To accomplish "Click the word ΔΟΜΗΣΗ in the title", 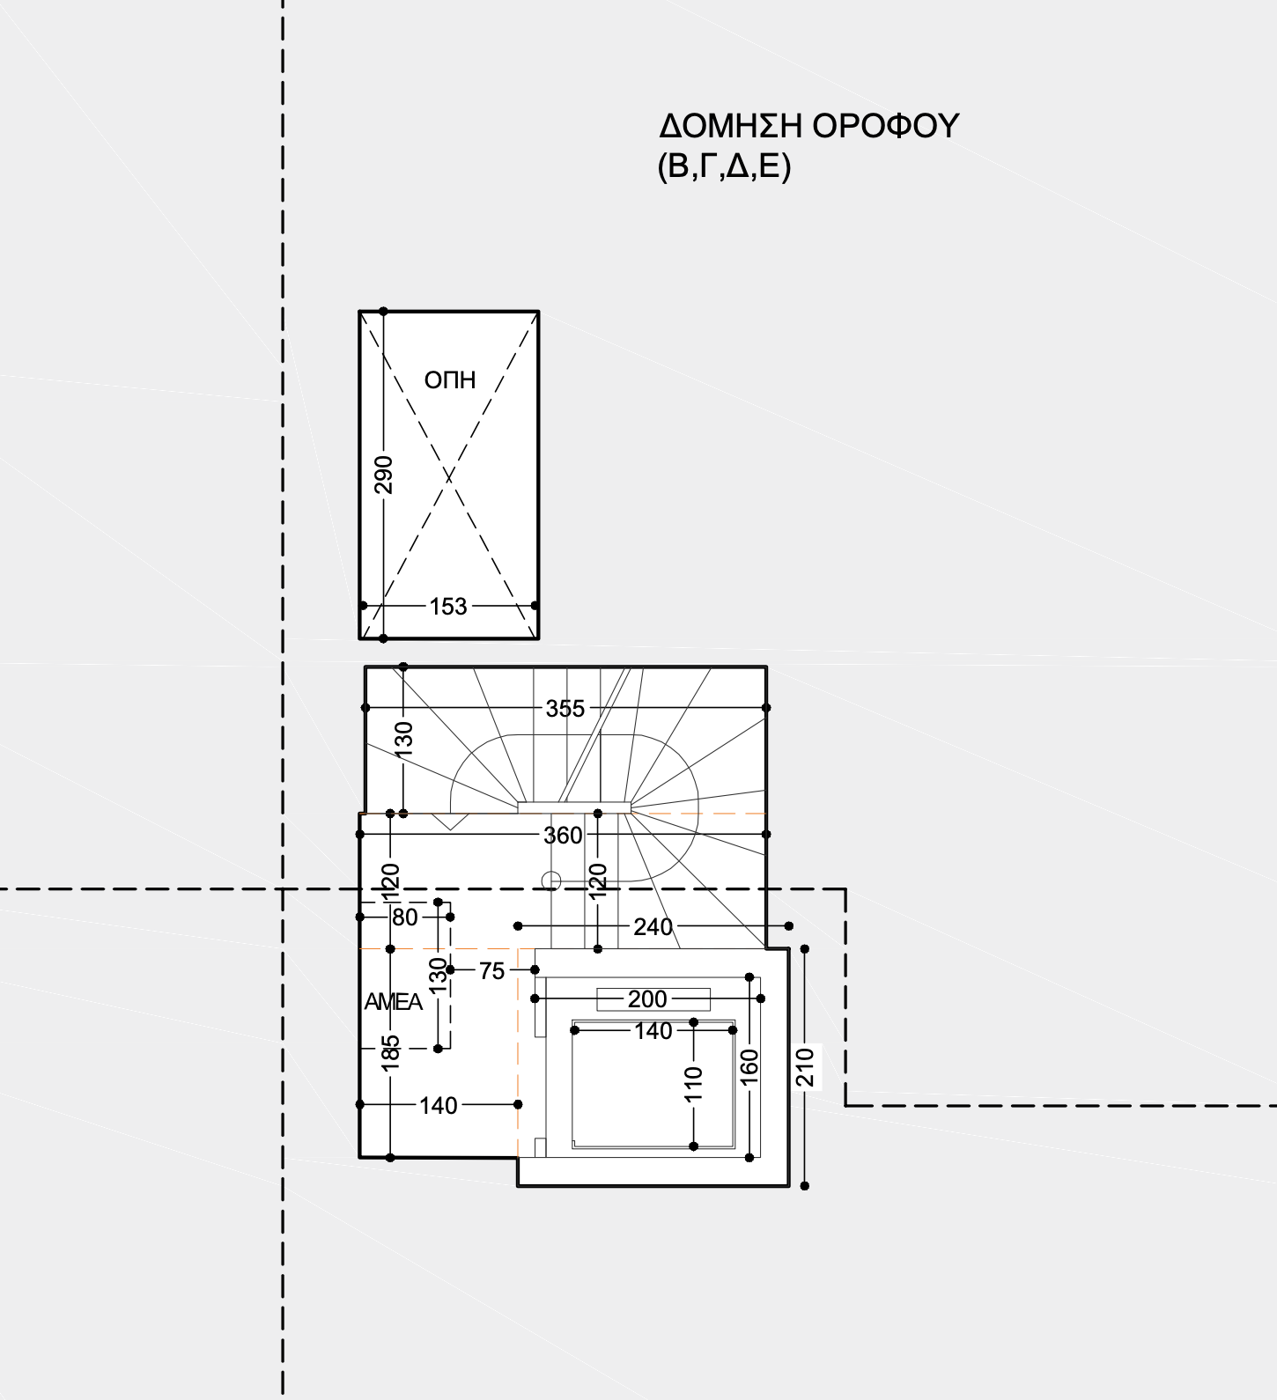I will [x=729, y=126].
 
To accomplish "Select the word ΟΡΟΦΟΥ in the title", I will [x=884, y=126].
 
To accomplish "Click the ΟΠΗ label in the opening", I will [x=450, y=379].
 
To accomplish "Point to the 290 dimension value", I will [x=383, y=475].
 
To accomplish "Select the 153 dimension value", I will [x=448, y=607].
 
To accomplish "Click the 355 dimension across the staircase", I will [x=565, y=709].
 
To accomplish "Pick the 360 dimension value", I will [x=563, y=836].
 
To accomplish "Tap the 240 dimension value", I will [x=653, y=926].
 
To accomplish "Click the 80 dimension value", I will [x=405, y=917].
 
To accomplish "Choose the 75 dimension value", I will [x=491, y=971].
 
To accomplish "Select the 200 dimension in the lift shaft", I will [x=647, y=999].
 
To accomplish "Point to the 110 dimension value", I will [x=694, y=1084].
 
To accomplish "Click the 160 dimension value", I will [x=749, y=1066].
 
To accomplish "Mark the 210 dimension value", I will [x=805, y=1067].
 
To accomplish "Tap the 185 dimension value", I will [x=390, y=1053].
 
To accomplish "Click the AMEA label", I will [x=394, y=1002].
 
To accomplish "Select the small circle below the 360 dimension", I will [x=551, y=881].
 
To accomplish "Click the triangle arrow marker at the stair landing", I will [x=450, y=822].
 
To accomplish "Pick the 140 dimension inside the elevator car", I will [x=653, y=1031].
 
